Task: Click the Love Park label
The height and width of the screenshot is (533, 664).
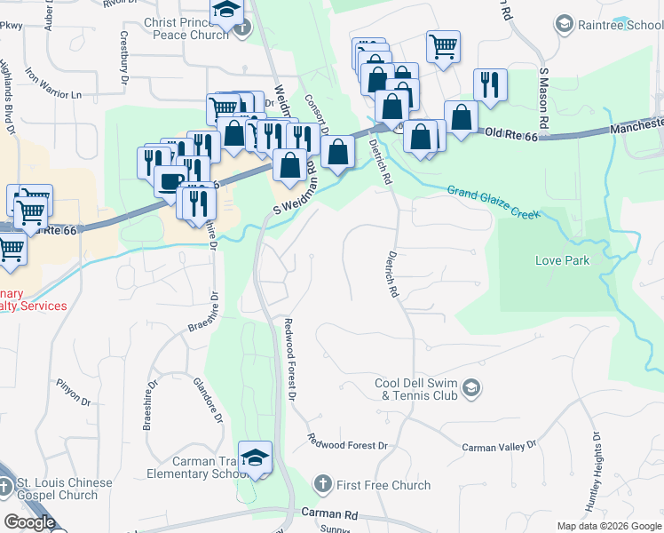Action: (x=563, y=260)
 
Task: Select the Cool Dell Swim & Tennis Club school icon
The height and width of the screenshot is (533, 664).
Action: (x=471, y=387)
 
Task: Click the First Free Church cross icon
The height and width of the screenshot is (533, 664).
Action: (x=323, y=484)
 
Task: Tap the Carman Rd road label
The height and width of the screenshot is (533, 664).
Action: (x=329, y=513)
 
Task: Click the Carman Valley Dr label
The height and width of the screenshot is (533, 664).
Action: (x=500, y=445)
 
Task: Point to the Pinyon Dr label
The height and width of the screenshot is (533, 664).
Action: (x=74, y=392)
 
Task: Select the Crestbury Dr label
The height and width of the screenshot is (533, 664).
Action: (x=123, y=63)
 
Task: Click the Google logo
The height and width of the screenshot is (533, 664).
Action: (x=29, y=521)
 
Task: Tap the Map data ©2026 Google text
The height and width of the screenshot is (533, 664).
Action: (x=609, y=526)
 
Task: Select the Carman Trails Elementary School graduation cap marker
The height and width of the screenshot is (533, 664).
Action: (x=256, y=457)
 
